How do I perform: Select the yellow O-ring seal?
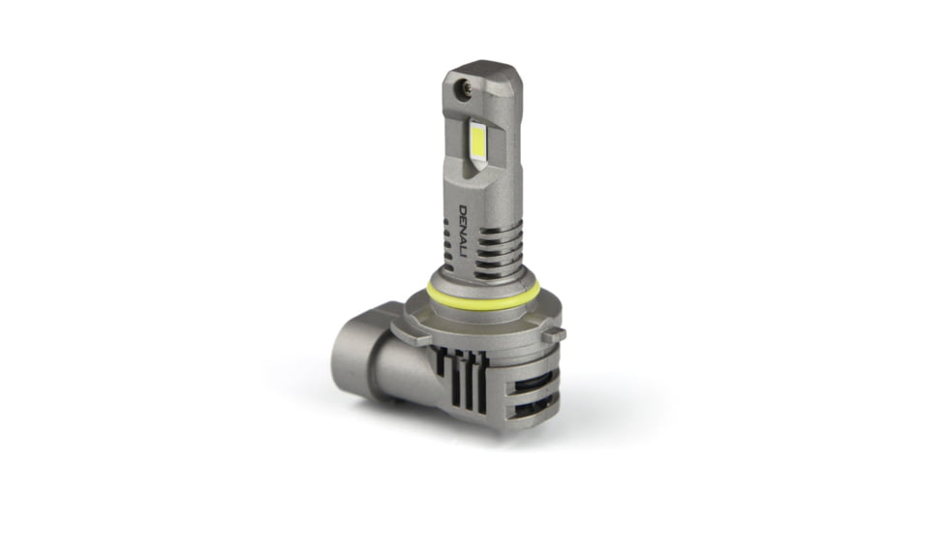click(x=483, y=295)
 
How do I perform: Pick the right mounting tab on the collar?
click(x=554, y=334)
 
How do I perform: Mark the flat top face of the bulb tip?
click(x=484, y=71)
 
